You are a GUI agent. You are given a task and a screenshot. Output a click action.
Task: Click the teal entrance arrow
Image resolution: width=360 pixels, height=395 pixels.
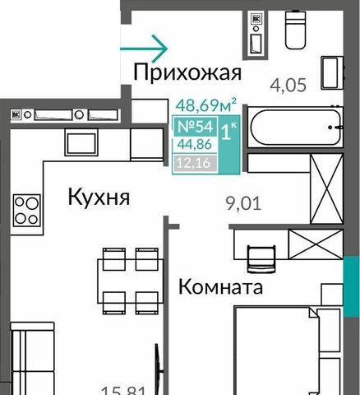144,49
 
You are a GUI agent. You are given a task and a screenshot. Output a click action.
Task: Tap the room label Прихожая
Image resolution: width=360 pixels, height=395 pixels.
187,72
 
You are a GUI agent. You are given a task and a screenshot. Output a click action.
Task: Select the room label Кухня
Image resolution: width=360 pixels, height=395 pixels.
99,197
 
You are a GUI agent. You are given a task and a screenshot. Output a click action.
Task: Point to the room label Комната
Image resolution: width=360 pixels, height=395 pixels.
220,286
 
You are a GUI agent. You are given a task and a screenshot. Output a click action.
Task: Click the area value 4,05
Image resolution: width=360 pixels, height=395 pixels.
288,85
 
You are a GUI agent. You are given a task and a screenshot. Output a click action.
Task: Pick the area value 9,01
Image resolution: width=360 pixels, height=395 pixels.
243,203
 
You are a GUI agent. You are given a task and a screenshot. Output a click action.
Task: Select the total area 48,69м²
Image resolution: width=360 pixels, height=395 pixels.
206,105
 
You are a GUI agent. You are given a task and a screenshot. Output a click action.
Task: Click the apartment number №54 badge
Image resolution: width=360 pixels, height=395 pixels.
195,127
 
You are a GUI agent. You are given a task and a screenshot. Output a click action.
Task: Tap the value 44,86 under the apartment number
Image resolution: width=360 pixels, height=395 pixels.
195,145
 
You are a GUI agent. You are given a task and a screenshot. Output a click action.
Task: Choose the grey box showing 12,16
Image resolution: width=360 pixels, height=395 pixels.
195,164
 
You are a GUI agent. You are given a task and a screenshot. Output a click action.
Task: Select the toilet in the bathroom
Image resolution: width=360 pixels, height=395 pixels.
295,30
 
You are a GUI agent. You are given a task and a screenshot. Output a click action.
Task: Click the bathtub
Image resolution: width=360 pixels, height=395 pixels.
295,128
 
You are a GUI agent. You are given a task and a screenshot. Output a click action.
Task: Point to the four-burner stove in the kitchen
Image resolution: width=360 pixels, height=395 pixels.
27,210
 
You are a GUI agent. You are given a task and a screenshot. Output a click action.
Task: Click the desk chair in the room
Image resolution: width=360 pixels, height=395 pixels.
261,259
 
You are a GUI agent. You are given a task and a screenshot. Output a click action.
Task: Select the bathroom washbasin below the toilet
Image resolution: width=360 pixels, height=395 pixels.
332,73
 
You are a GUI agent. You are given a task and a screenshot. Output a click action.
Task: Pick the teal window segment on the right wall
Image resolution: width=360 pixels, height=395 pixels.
352,287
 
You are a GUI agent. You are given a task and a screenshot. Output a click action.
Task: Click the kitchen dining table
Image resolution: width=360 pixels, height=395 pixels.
131,281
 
